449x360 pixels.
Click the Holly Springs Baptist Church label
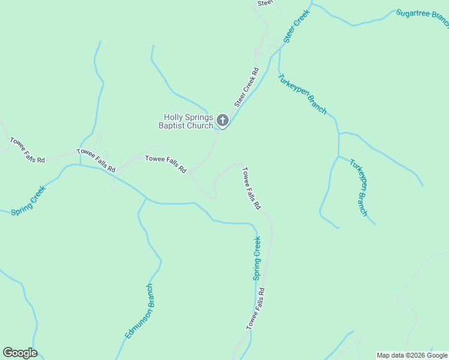click(x=188, y=121)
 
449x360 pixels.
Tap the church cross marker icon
click(x=222, y=121)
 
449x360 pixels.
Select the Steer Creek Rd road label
click(x=246, y=88)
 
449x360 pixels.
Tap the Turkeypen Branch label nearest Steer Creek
click(x=302, y=93)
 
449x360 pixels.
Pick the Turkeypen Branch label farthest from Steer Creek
click(x=359, y=188)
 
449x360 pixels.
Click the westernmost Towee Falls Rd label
click(x=27, y=150)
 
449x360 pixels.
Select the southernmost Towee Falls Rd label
click(x=255, y=308)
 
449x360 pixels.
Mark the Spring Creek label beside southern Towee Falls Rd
click(x=257, y=258)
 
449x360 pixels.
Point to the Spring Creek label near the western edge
click(x=28, y=200)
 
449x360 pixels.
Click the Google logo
click(x=20, y=353)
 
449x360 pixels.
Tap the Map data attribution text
click(x=412, y=355)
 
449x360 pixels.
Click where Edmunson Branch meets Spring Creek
click(x=147, y=198)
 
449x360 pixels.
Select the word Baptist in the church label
click(x=173, y=125)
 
